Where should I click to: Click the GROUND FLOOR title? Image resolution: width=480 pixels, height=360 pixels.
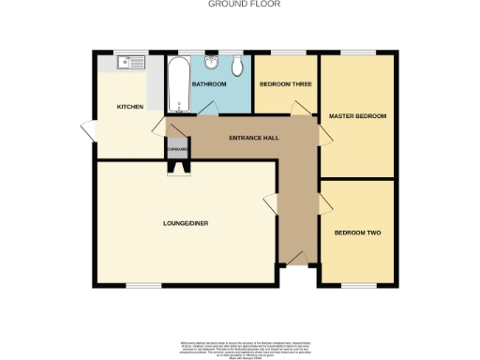pos(240,4)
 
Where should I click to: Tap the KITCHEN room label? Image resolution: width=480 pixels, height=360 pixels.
pos(129,107)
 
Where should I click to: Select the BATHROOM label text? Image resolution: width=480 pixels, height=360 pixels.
pos(209,84)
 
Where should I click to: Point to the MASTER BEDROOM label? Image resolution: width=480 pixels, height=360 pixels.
pos(357,116)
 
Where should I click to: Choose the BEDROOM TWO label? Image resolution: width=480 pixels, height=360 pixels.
pos(357,232)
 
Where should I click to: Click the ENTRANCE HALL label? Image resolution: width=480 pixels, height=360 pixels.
pos(253,139)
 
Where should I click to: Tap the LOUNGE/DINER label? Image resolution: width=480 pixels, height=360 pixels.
pos(184,223)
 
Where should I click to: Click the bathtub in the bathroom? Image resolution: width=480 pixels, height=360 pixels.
pos(176,83)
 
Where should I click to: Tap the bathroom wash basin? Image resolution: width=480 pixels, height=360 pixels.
pos(214,63)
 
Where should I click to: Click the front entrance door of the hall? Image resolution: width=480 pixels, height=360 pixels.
pos(298,258)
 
